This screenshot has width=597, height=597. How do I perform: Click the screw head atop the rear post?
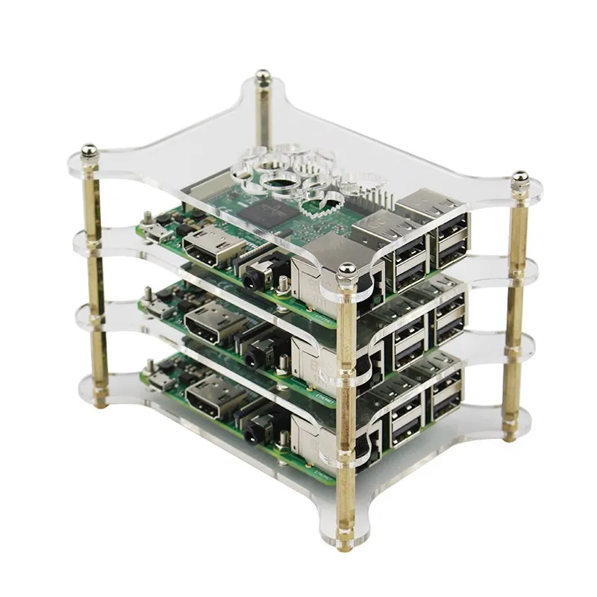click(x=263, y=75)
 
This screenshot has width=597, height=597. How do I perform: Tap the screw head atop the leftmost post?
click(x=89, y=149)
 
